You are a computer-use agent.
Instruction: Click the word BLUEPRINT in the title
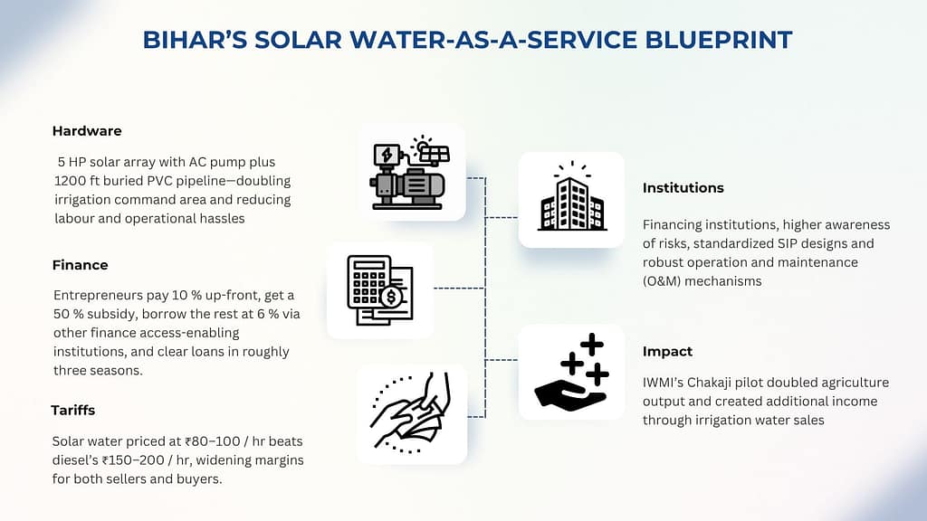[718, 40]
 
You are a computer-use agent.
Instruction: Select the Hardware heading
[87, 131]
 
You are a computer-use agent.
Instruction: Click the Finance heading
[80, 265]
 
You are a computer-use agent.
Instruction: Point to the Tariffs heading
[72, 411]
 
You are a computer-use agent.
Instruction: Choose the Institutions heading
[683, 188]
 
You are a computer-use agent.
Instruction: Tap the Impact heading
[667, 352]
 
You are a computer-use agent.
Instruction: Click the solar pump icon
[410, 173]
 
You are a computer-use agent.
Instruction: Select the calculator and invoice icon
[380, 290]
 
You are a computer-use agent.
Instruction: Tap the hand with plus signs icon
[572, 372]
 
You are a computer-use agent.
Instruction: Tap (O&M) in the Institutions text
[662, 281]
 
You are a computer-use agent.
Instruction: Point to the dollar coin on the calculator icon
[391, 297]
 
